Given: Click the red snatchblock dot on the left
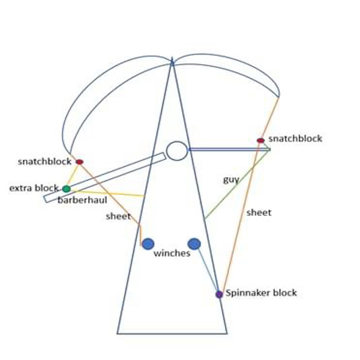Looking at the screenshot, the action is point(79,162).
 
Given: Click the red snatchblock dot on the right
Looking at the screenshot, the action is point(260,140).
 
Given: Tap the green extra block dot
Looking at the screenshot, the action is point(67,189).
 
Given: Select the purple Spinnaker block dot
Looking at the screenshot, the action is point(219,294).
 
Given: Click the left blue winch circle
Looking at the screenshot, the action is point(148,244).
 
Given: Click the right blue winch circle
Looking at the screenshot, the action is point(194,244).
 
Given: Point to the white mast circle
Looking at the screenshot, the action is point(177,151).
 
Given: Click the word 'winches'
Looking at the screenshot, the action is point(172,253).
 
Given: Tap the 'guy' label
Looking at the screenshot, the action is point(231,180).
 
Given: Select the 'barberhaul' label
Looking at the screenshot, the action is point(82,200).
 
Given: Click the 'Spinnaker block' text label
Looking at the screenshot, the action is point(261,293).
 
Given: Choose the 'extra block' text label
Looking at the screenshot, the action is point(34,188).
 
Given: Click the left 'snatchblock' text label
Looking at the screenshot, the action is point(44,161).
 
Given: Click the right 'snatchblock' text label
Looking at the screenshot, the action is point(295,139).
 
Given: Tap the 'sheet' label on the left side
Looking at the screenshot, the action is point(118,216).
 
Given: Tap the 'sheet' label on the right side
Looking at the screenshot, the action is point(259,212).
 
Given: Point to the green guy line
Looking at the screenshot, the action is point(237,184).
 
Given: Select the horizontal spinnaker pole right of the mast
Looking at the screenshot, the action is point(229,149).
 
